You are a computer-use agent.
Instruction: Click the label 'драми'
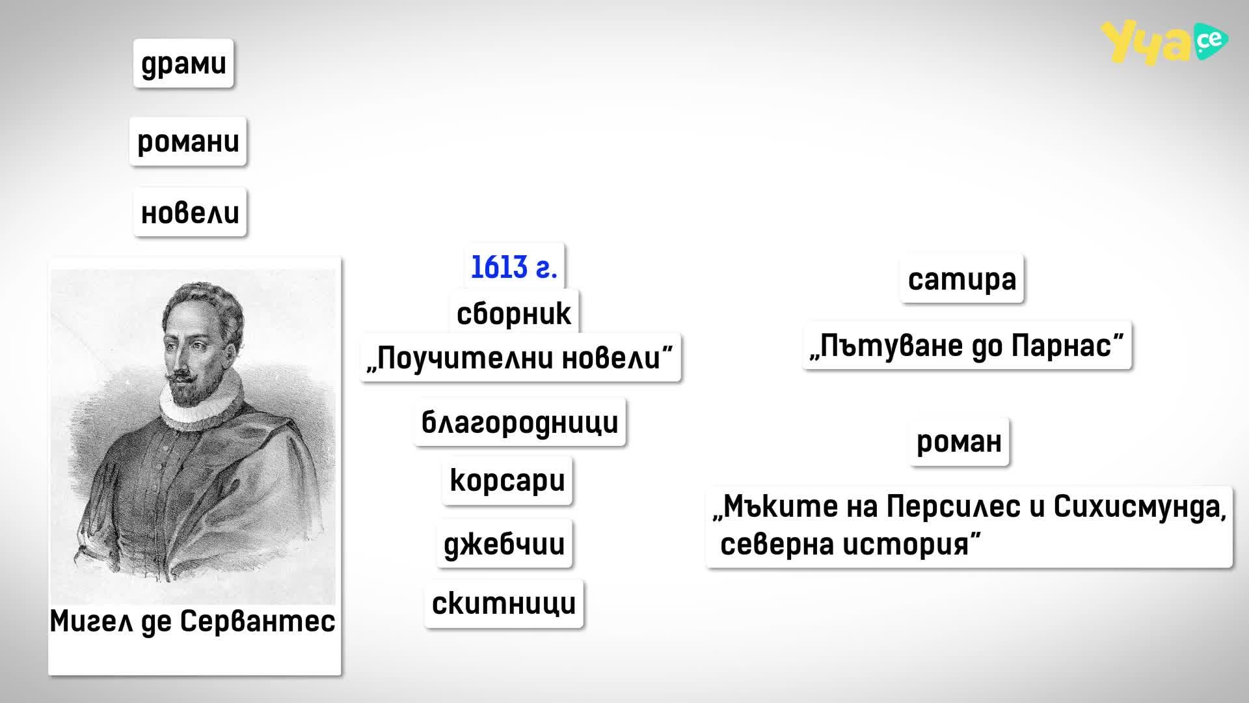click(x=183, y=63)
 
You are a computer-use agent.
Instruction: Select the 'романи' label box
click(x=188, y=141)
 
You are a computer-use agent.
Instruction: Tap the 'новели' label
click(x=190, y=212)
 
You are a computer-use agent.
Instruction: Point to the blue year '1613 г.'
click(x=514, y=267)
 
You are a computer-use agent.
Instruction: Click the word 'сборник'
click(x=514, y=314)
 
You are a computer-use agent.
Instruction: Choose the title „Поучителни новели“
click(x=520, y=358)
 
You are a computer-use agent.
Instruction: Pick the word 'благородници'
click(x=520, y=422)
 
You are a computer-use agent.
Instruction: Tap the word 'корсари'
click(x=507, y=481)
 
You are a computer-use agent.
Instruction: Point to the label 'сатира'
click(x=962, y=279)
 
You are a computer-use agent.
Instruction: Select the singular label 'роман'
click(x=959, y=442)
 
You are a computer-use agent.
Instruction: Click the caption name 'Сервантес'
click(x=258, y=621)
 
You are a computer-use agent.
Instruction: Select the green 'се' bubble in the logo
click(x=1210, y=41)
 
